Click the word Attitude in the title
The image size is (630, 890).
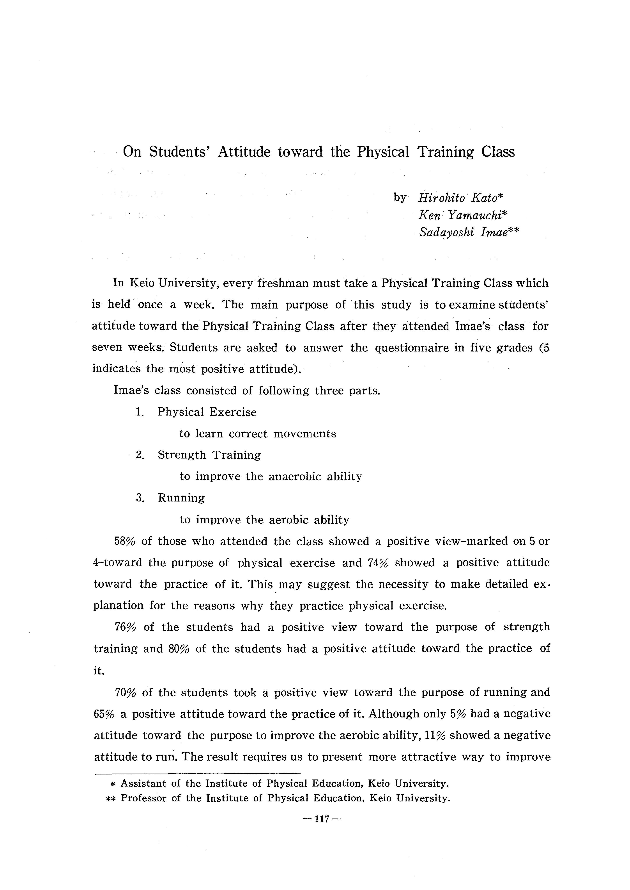[x=244, y=152]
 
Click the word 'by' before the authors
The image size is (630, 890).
[x=400, y=198]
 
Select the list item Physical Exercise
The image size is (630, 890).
[x=207, y=412]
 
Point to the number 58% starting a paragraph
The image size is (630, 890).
[x=124, y=541]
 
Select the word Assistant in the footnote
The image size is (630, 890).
[x=143, y=784]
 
